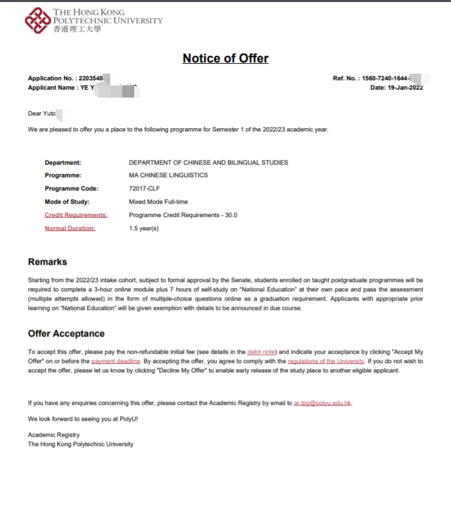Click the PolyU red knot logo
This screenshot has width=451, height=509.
click(x=37, y=21)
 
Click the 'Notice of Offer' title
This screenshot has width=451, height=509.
click(x=225, y=58)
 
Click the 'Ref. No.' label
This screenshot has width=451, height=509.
click(x=345, y=78)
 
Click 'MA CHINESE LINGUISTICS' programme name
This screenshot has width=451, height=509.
click(x=168, y=175)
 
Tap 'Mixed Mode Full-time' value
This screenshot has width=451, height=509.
click(x=158, y=202)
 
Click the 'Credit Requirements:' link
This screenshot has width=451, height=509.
click(x=76, y=215)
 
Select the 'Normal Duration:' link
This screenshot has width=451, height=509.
click(x=70, y=228)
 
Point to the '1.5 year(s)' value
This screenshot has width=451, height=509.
click(x=143, y=228)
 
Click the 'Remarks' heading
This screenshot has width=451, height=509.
click(x=47, y=262)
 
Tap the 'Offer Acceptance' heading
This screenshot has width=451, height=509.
click(x=66, y=333)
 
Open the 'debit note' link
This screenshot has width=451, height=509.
click(x=261, y=351)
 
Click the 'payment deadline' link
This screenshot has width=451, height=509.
click(x=116, y=361)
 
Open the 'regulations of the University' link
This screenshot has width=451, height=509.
click(x=325, y=361)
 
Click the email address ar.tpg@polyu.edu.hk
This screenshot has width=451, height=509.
click(x=323, y=403)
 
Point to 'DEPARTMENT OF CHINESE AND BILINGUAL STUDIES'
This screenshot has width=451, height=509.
click(x=208, y=163)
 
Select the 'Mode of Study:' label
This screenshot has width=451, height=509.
click(x=67, y=202)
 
